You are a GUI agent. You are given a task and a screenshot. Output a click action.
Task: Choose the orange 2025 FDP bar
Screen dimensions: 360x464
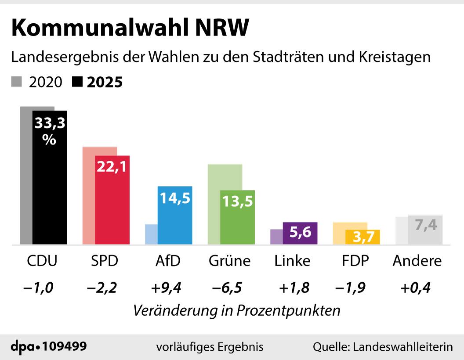coord(362,237)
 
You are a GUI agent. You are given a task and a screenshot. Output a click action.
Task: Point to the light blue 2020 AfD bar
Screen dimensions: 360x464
coord(151,234)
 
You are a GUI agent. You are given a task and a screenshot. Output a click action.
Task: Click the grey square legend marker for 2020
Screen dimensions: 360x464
coord(17,82)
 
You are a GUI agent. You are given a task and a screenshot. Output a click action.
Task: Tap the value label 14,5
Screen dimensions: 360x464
coord(175,198)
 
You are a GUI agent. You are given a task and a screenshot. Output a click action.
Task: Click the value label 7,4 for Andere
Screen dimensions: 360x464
coord(425,225)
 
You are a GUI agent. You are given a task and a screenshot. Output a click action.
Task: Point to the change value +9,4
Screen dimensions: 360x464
coord(166,288)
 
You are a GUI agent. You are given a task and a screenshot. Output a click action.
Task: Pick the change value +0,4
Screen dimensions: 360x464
coord(415,288)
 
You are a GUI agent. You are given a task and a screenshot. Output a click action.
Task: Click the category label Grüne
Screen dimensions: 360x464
coord(229,261)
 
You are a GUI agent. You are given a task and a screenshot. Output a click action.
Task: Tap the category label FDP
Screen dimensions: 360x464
coord(355,261)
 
